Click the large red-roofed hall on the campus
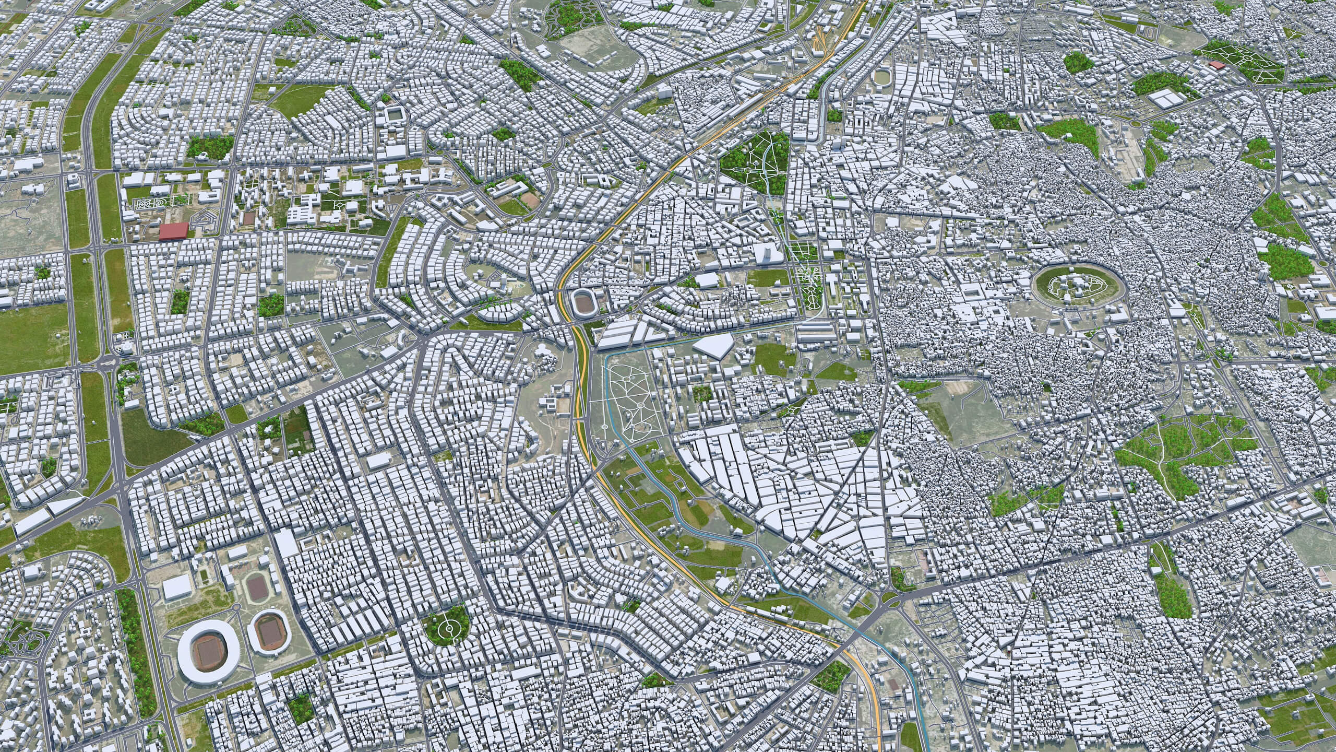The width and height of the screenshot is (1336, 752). (x=174, y=231)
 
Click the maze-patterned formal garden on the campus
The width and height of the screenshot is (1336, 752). (x=150, y=204)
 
